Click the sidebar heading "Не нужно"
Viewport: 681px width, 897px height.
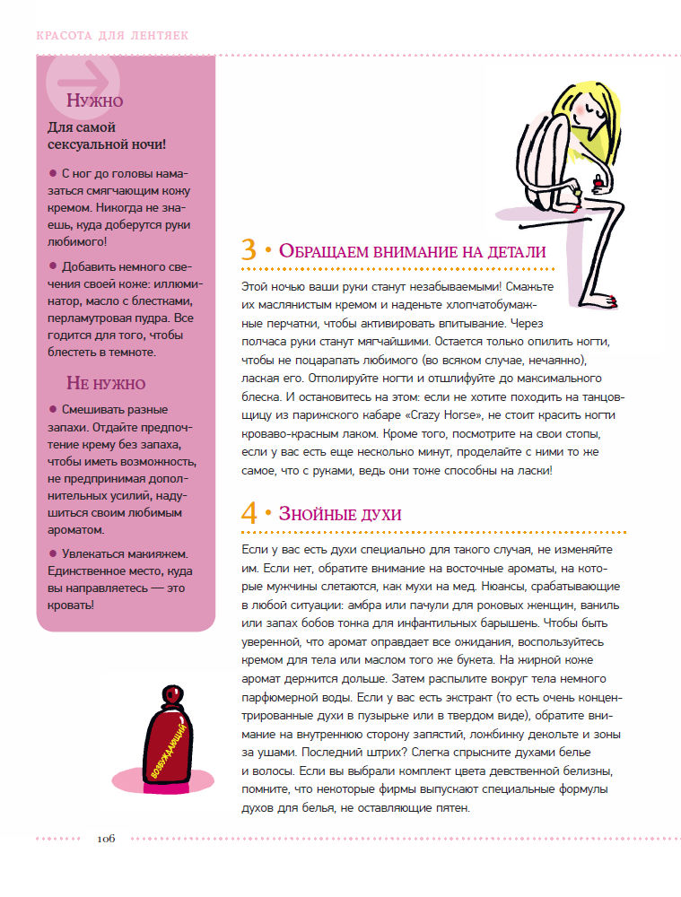pyautogui.click(x=106, y=384)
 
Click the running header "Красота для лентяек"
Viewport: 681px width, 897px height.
pyautogui.click(x=112, y=37)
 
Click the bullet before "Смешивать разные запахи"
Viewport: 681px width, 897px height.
pyautogui.click(x=53, y=408)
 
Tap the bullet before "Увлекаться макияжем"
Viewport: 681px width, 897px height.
pyautogui.click(x=53, y=553)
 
